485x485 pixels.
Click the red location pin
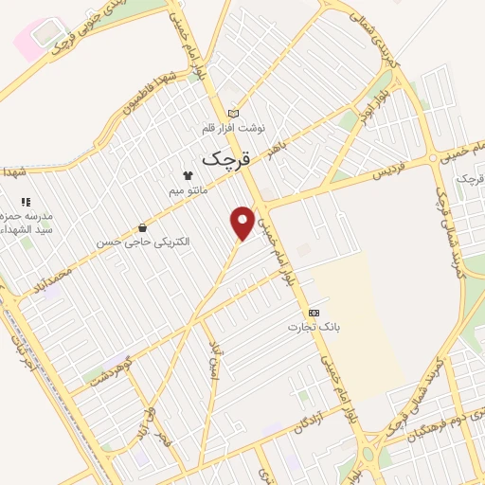pyautogui.click(x=243, y=222)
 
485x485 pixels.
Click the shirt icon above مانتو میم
pyautogui.click(x=188, y=175)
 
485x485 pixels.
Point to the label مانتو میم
pyautogui.click(x=188, y=191)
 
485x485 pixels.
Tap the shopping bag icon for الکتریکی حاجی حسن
pyautogui.click(x=142, y=227)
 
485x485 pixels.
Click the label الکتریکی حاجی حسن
pyautogui.click(x=142, y=242)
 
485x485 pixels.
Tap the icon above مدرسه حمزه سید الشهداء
pyautogui.click(x=26, y=202)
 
